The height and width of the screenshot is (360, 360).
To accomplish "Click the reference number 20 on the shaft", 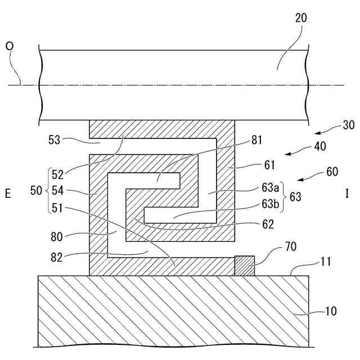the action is [301, 17].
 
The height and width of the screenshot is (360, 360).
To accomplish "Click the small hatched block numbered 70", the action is [244, 265].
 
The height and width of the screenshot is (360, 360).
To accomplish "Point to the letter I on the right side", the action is [347, 194].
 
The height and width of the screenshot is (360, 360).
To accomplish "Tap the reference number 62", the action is [268, 224].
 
